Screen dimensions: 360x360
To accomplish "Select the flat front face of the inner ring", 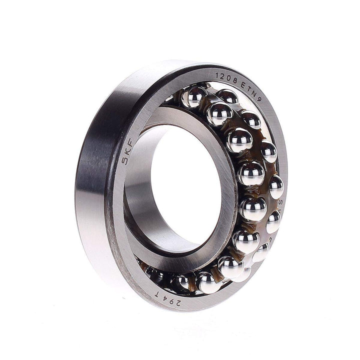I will tap(220, 150).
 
